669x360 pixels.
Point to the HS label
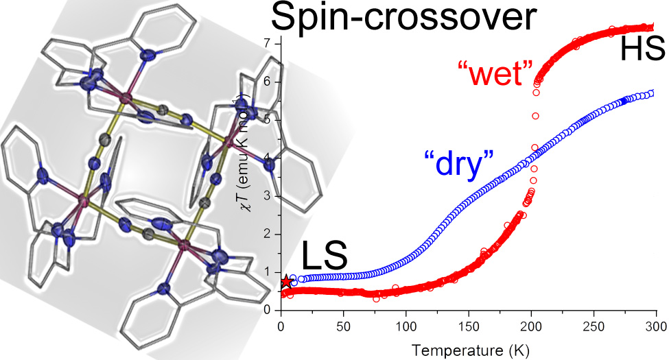click(x=642, y=49)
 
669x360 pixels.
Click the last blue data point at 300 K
click(x=653, y=93)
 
